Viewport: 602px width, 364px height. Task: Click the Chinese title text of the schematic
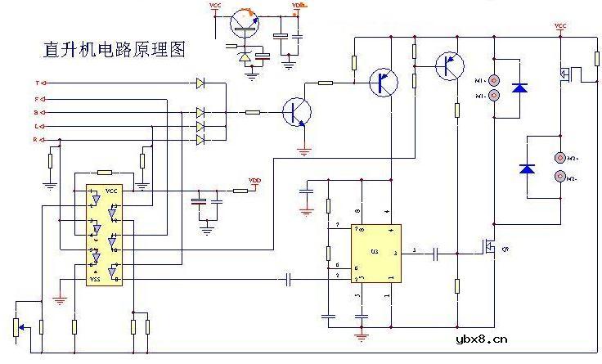114,49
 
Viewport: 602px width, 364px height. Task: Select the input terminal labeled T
38,83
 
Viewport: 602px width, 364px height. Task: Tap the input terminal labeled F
38,98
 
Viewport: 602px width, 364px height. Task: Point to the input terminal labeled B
38,112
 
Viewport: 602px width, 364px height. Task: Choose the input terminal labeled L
38,126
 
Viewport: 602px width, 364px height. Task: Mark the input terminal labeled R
38,140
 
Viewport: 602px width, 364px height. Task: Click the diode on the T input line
200,83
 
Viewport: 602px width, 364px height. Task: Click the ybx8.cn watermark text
480,337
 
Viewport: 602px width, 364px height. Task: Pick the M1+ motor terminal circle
494,80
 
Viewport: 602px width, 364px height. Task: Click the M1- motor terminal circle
494,96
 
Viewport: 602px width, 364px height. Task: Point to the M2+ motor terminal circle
560,157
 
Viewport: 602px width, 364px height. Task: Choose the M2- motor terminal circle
560,176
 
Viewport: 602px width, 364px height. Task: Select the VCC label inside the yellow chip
111,191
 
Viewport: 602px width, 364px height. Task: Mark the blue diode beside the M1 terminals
519,88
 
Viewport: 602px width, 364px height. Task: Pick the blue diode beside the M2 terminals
528,169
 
